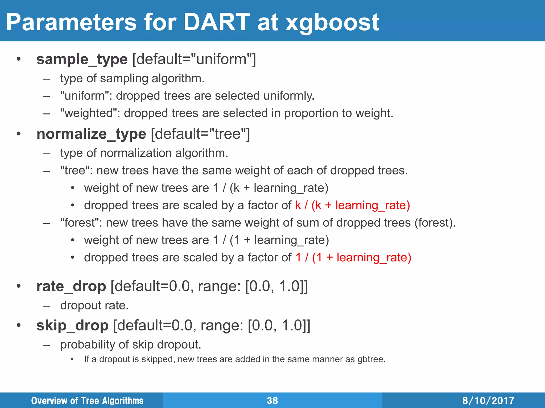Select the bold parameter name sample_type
point(82,59)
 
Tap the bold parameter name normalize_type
point(91,134)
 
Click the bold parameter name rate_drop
point(71,286)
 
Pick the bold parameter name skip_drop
point(72,325)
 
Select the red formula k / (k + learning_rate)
point(352,205)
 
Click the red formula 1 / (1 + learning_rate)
point(353,258)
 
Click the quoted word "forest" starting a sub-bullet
point(81,223)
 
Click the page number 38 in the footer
point(272,401)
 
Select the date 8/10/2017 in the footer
point(488,401)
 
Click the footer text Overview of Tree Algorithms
point(87,401)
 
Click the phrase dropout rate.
point(94,305)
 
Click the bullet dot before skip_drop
point(18,325)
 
